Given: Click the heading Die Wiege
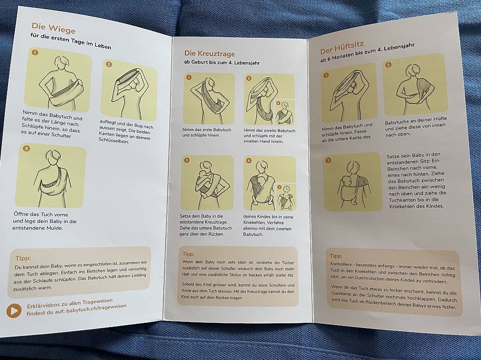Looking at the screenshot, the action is click(x=53, y=28).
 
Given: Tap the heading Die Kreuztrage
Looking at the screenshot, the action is click(x=209, y=54).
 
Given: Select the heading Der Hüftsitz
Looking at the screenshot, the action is click(x=342, y=48).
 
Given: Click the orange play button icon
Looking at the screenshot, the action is click(x=14, y=311).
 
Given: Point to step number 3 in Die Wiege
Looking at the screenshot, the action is click(x=27, y=149).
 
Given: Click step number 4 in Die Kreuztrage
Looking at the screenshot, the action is click(x=249, y=161).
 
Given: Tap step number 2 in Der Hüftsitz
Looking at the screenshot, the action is click(x=389, y=65).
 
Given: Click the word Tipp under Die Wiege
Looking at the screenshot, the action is click(x=23, y=258).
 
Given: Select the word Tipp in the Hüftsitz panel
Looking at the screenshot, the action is click(x=336, y=256).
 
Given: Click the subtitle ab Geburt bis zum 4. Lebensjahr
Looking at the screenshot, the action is click(x=222, y=63).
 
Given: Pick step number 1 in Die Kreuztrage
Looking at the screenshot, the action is click(x=189, y=78).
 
